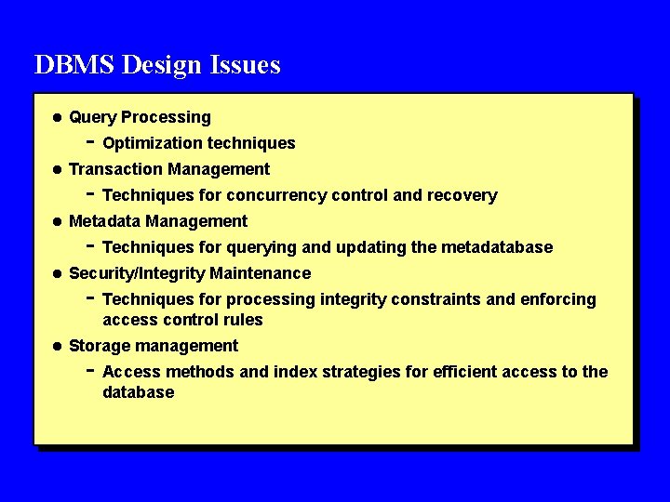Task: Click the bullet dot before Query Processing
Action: pyautogui.click(x=56, y=117)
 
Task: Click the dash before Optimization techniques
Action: pyautogui.click(x=89, y=142)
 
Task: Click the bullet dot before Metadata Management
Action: pyautogui.click(x=56, y=221)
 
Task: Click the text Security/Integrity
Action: pyautogui.click(x=137, y=273)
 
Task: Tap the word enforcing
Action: pyautogui.click(x=558, y=299)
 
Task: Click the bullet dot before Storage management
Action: pyautogui.click(x=56, y=346)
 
